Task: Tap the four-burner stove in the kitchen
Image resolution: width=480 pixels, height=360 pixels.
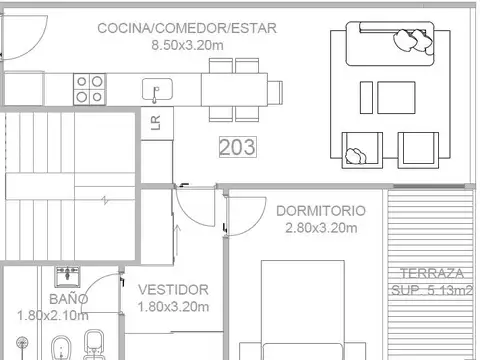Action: tap(90, 89)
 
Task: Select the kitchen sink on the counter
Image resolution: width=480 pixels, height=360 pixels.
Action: tap(157, 90)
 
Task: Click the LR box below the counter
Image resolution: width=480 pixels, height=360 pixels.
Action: tap(155, 122)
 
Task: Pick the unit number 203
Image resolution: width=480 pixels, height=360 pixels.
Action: tap(237, 147)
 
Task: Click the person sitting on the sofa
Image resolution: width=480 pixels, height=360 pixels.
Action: tap(407, 40)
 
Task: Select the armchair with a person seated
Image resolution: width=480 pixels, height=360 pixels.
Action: tap(357, 149)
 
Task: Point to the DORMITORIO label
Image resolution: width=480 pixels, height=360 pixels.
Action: tap(320, 211)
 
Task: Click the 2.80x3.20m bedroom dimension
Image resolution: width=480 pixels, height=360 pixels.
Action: tap(320, 228)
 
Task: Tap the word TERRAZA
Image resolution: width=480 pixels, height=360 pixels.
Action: tap(431, 274)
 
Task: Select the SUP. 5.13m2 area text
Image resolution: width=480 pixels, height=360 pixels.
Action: tap(431, 291)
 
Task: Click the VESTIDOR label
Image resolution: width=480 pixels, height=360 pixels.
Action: tap(173, 289)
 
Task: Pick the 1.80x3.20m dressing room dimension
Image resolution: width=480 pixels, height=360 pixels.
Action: tap(173, 306)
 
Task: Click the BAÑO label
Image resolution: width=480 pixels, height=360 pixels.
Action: tap(68, 298)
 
